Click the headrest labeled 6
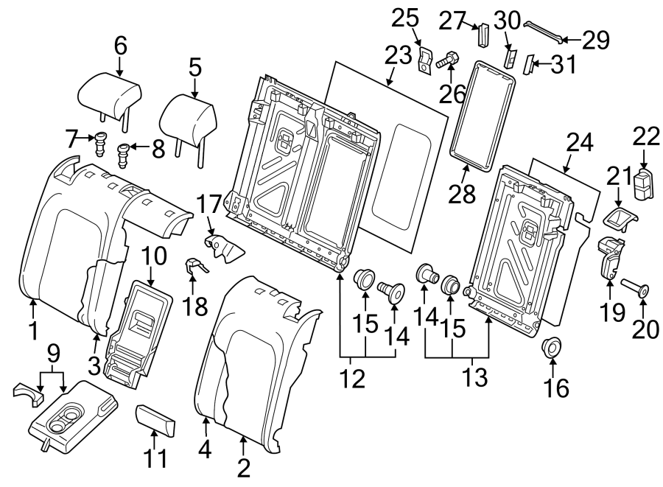[109, 95]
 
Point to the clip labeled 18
[194, 265]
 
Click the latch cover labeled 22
[645, 184]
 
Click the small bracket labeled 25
[426, 60]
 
